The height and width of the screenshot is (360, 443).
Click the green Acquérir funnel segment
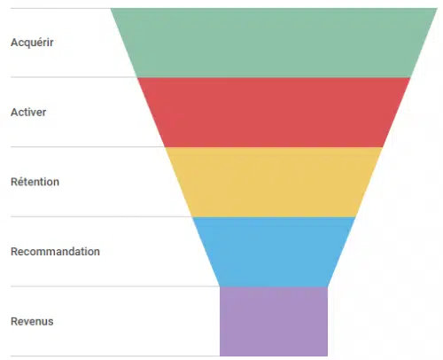274,43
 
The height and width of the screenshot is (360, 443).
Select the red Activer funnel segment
274,113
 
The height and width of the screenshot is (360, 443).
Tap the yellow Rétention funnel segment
274,182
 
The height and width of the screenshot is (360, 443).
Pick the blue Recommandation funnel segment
274,252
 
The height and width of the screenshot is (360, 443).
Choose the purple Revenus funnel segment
274,321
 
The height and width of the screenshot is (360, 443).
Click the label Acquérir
32,43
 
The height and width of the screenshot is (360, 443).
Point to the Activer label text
28,113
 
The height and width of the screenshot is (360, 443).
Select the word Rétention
35,182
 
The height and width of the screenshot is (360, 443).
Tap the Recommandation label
55,252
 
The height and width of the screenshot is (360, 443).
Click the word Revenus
32,321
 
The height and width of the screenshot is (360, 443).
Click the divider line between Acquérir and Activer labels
74,77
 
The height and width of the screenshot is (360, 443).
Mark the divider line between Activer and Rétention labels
88,146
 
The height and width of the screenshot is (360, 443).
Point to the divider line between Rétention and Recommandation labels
101,216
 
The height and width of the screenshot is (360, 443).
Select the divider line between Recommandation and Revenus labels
115,286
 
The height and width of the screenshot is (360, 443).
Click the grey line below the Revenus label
115,356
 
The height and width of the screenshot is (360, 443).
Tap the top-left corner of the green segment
111,8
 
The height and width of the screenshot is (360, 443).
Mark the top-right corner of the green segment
438,8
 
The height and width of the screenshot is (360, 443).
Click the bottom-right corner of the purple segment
328,356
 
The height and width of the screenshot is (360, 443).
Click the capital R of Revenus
14,321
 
